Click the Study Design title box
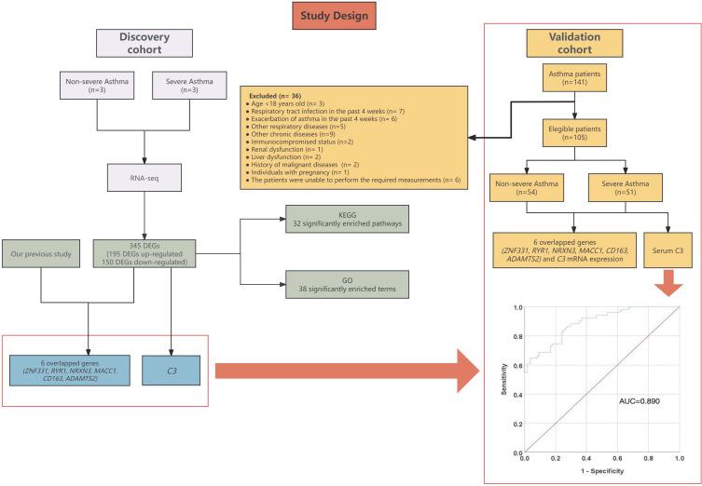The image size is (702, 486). (334, 16)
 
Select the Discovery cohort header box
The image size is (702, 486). (145, 44)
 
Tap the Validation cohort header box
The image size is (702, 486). (574, 44)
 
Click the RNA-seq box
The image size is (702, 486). (145, 178)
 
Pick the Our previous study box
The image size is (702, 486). (41, 253)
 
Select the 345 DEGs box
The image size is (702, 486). (145, 253)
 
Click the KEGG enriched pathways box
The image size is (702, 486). (347, 219)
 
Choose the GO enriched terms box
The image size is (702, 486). (347, 284)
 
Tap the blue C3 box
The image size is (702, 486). (171, 371)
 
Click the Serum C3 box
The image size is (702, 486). (668, 250)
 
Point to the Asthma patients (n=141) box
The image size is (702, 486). (574, 78)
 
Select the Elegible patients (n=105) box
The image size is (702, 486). (574, 133)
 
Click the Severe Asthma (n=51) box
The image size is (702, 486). (625, 188)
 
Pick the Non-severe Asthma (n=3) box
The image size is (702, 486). (97, 85)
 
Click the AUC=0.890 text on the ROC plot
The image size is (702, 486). (640, 401)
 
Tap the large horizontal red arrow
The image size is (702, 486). (347, 371)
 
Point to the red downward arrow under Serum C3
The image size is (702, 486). (669, 282)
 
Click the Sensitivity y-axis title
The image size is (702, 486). (504, 379)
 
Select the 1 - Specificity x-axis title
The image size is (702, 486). (601, 471)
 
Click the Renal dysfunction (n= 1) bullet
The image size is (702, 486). (281, 149)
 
